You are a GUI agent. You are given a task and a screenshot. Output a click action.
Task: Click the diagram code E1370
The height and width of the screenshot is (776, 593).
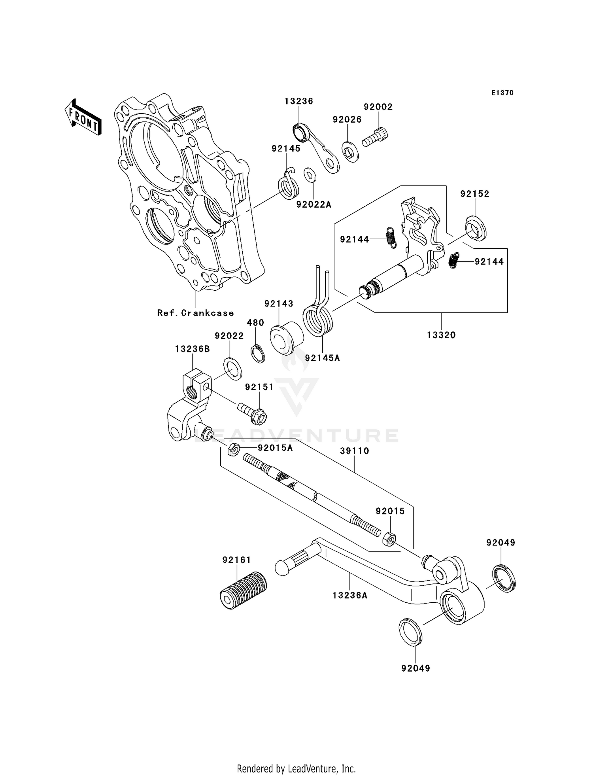click(x=502, y=93)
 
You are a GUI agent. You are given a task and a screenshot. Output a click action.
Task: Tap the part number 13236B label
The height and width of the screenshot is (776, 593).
click(x=193, y=349)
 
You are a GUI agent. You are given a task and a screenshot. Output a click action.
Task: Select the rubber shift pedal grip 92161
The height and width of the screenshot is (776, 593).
click(x=243, y=588)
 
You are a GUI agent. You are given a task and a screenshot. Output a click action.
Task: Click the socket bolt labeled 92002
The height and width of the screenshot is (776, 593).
click(x=375, y=137)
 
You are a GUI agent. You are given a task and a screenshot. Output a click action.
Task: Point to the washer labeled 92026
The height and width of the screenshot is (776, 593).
click(x=350, y=151)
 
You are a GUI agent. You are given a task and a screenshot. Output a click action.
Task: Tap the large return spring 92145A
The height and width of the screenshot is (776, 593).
click(x=319, y=320)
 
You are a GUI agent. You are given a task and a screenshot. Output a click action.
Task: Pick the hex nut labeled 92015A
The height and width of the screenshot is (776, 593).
click(x=233, y=449)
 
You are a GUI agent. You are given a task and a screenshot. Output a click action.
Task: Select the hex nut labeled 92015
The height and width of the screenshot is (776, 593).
click(x=389, y=539)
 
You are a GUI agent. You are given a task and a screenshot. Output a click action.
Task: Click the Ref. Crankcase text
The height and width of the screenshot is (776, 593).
click(x=195, y=313)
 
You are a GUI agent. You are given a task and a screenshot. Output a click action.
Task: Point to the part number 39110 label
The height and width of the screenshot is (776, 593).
click(x=355, y=451)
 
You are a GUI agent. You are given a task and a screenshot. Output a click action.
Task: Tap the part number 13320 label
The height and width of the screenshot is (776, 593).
click(x=441, y=335)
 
